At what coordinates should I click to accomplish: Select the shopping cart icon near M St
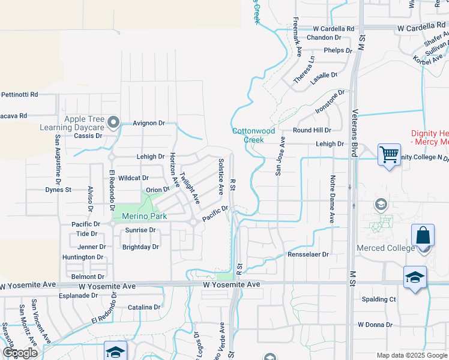pos(389,155)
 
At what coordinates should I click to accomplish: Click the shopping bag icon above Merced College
pos(423,235)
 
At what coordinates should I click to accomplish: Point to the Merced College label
pos(394,248)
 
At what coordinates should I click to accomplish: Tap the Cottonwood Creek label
pos(254,135)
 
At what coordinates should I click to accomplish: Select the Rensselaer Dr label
pos(309,254)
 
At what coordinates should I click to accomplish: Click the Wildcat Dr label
pos(133,178)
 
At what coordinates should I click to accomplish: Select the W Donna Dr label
pos(375,325)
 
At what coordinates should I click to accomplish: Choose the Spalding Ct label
pos(379,299)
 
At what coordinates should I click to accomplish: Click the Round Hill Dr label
pos(312,130)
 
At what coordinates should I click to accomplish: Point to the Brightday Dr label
pos(140,247)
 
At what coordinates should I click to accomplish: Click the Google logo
pos(19,353)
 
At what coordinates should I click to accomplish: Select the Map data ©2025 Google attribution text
pos(411,355)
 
